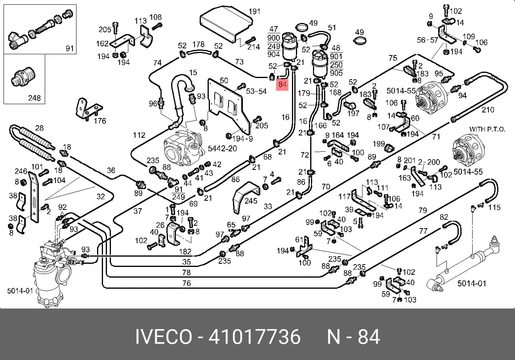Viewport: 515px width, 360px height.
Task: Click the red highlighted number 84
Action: (282, 84)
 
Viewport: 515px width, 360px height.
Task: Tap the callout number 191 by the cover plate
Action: (254, 11)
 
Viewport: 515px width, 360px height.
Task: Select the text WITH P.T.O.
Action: (487, 129)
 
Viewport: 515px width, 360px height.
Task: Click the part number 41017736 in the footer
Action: (254, 337)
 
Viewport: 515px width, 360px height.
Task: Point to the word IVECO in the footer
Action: (164, 337)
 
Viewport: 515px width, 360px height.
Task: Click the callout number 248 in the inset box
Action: (34, 98)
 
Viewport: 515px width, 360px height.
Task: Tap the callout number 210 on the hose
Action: (488, 110)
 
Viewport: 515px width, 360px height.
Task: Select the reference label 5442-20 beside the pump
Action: (222, 149)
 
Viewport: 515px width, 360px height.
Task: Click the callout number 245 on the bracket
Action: (251, 201)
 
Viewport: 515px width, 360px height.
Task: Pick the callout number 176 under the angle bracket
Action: (100, 121)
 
